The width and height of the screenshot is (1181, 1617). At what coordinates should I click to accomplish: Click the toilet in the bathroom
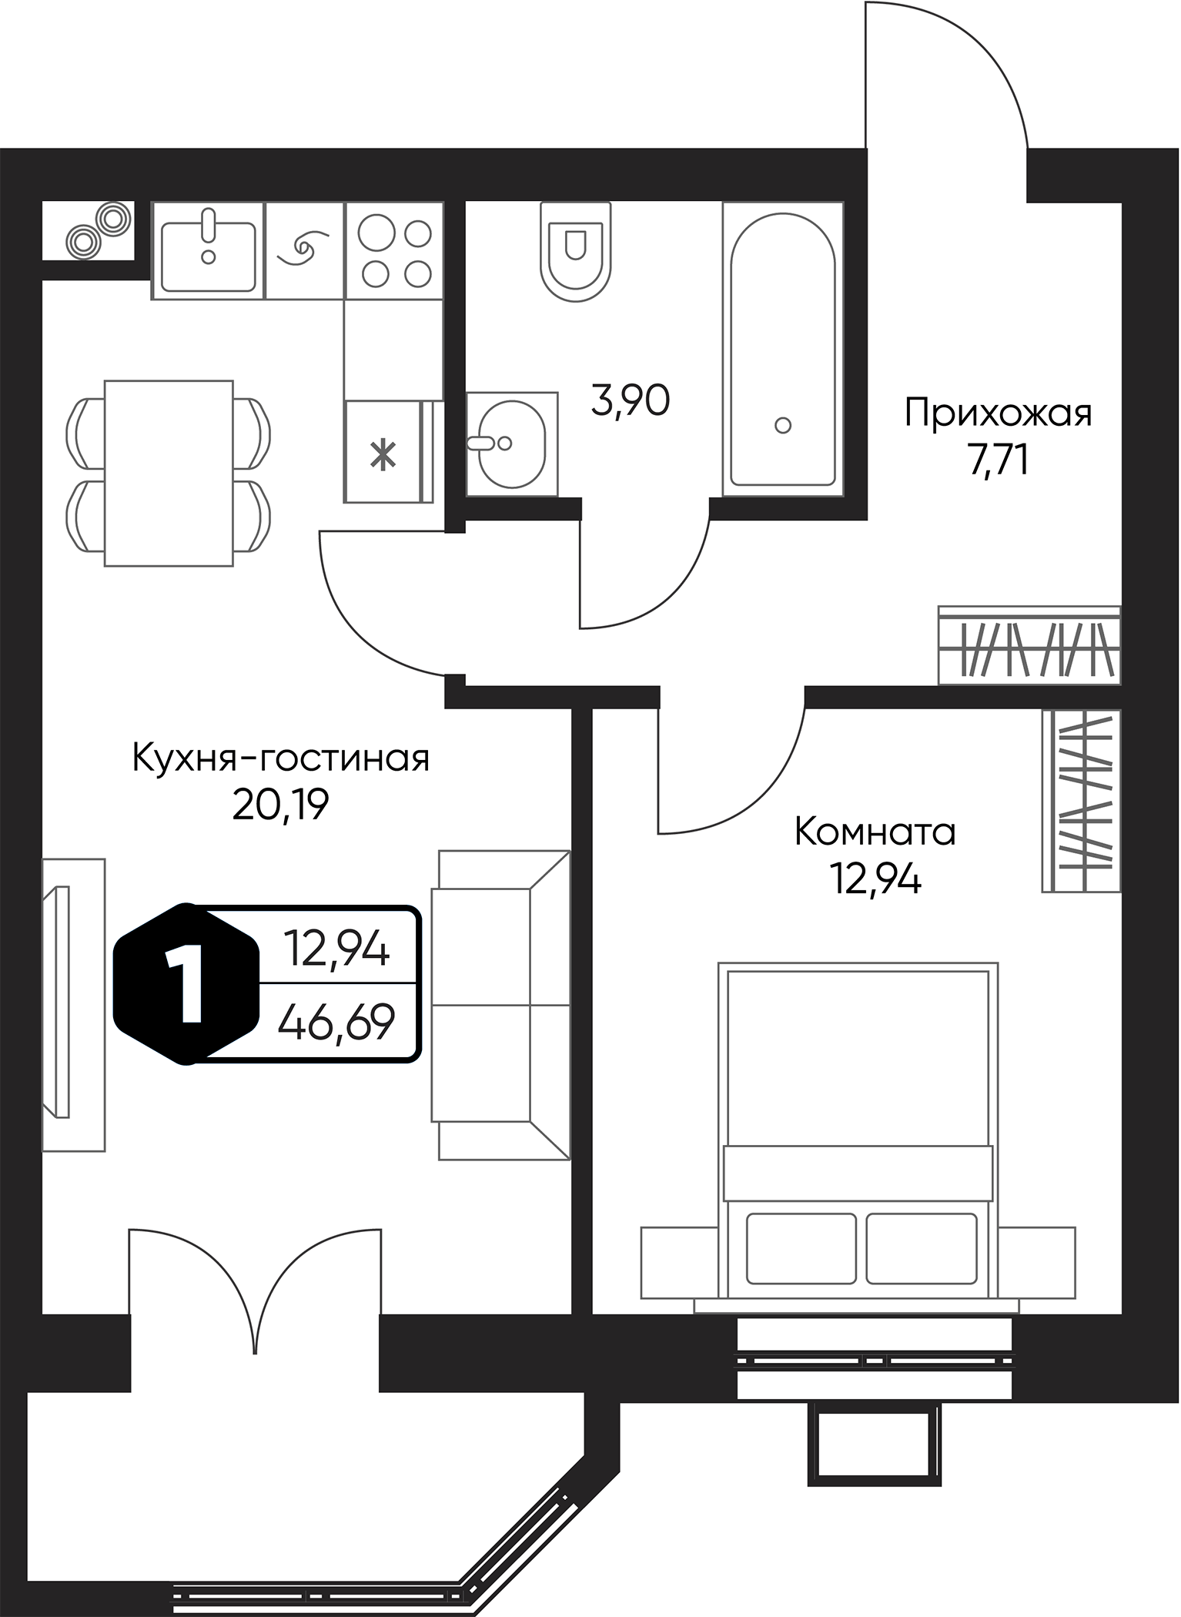(x=575, y=252)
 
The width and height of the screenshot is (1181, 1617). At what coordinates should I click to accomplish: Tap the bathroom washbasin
(x=511, y=444)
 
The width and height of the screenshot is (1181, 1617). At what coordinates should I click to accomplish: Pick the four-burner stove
(x=395, y=251)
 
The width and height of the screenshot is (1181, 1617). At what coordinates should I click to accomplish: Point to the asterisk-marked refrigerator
(x=383, y=453)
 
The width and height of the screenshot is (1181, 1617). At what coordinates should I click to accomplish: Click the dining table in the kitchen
(x=169, y=473)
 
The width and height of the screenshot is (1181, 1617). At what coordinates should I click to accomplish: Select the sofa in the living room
(x=500, y=1005)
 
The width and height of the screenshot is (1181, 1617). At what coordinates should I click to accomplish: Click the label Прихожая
(x=998, y=413)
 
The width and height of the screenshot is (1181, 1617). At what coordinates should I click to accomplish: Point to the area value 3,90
(x=630, y=400)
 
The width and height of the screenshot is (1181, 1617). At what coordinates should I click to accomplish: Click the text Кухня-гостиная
(x=281, y=759)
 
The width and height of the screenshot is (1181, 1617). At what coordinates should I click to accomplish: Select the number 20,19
(x=281, y=805)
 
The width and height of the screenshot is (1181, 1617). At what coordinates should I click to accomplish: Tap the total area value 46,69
(x=336, y=1023)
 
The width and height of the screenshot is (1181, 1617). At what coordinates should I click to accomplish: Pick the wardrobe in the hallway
(x=1029, y=645)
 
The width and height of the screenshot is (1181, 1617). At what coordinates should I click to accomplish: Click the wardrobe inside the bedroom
(x=1081, y=801)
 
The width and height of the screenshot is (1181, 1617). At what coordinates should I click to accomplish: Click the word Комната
(x=875, y=832)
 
